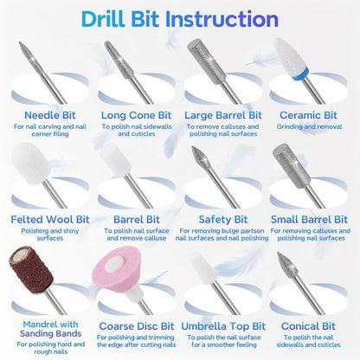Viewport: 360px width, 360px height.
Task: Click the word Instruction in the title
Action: [x=222, y=19]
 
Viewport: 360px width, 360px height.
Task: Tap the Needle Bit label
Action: [x=50, y=115]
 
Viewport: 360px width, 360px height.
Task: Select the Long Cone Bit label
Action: [x=136, y=115]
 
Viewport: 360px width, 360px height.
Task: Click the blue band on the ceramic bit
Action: [x=299, y=73]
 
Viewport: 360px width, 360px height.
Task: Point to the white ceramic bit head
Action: [x=290, y=57]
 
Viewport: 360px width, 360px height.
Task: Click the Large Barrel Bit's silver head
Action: [x=206, y=61]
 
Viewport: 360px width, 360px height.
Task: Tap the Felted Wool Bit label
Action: [x=50, y=219]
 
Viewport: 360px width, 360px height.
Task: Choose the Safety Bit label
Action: [x=223, y=219]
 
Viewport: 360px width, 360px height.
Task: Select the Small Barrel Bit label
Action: [x=309, y=219]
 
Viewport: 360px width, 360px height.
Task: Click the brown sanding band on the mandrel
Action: [x=31, y=270]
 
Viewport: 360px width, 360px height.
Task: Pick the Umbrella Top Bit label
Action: [x=223, y=326]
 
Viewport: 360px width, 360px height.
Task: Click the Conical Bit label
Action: [x=308, y=326]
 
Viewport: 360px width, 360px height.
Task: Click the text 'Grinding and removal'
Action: [x=309, y=126]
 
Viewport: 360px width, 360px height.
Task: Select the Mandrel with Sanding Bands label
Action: [x=50, y=329]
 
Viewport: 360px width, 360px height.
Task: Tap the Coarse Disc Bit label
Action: [x=137, y=326]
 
